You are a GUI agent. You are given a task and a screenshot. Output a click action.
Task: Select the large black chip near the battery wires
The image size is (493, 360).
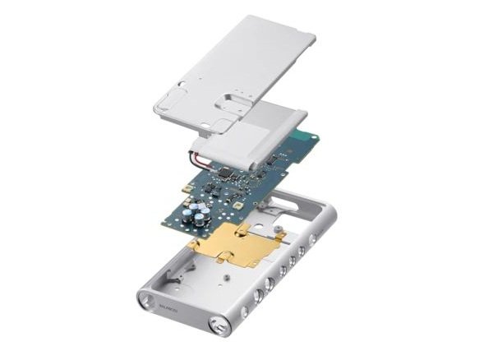[x=223, y=175]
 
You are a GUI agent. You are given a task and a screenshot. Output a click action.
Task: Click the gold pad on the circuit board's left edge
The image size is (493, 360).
[x=188, y=190]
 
